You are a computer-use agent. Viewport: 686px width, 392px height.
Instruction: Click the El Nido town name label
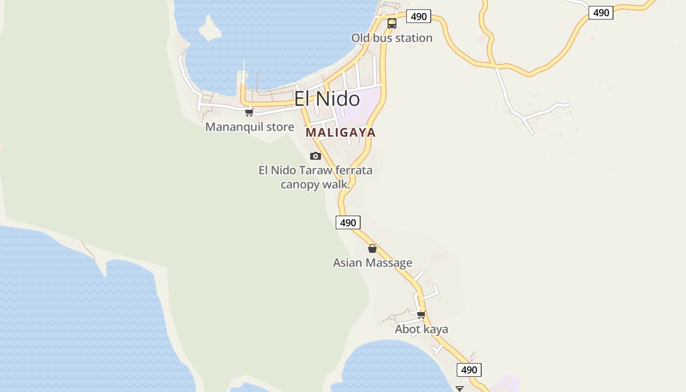point(327,99)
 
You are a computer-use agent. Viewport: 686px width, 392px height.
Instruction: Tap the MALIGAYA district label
point(341,132)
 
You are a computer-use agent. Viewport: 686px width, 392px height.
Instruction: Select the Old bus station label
point(392,38)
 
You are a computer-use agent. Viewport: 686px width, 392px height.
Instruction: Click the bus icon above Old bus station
point(392,23)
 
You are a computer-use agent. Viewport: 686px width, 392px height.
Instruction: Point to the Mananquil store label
point(249,127)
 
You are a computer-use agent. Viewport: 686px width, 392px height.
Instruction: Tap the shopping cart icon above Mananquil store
point(249,112)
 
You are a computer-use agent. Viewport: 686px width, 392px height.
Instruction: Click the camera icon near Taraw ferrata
point(316,156)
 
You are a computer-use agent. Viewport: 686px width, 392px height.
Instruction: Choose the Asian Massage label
point(372,263)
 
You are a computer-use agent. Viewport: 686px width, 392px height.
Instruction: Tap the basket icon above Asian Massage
point(372,248)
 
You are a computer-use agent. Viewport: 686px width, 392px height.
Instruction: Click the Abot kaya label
point(421,329)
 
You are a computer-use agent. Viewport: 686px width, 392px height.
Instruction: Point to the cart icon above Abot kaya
point(421,315)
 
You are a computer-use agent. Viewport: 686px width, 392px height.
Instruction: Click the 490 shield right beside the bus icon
point(418,16)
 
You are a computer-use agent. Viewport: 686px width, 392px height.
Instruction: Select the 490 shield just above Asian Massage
point(348,222)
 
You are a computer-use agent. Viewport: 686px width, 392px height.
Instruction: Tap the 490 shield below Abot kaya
point(469,369)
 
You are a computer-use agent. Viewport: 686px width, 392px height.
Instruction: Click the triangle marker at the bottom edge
point(459,389)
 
